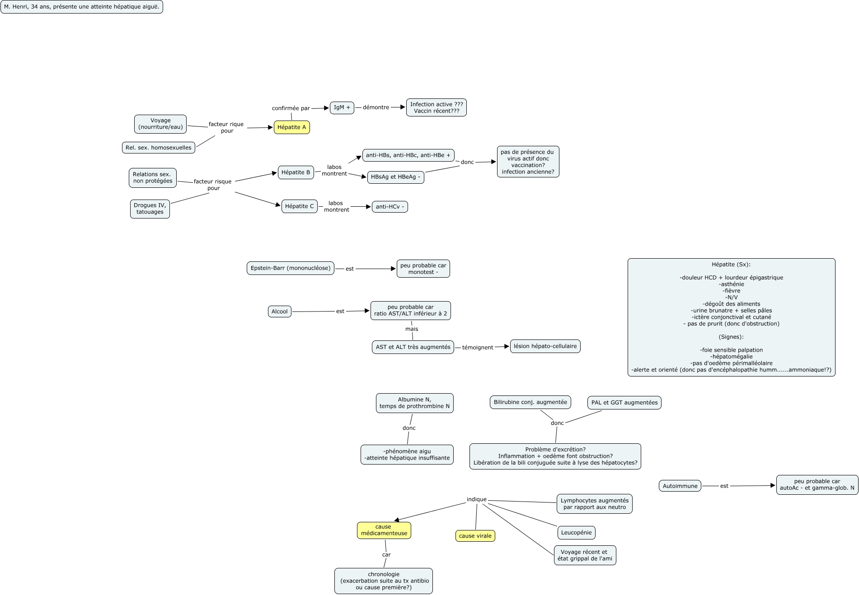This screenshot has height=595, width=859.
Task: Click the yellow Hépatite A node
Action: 291,127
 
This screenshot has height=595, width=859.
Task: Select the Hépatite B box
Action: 296,172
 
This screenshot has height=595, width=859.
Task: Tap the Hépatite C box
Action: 299,206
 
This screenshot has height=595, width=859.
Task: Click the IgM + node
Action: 342,107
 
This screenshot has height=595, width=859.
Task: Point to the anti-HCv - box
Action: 390,207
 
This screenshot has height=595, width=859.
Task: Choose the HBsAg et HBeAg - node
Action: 395,177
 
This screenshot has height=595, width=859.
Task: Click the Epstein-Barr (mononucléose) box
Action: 290,268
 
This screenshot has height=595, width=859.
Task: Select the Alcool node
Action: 279,311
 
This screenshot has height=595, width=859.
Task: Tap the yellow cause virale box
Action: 475,536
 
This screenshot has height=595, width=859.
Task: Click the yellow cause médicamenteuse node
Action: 384,530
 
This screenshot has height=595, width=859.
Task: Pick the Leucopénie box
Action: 576,533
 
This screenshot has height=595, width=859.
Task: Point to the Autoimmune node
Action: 680,486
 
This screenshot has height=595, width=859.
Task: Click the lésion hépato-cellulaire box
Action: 545,346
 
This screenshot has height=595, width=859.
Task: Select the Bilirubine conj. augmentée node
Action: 530,402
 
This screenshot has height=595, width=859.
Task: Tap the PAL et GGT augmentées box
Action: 624,403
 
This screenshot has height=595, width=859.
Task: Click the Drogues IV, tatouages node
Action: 150,209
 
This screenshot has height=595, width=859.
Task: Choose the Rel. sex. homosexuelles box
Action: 158,148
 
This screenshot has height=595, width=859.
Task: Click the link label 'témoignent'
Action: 477,348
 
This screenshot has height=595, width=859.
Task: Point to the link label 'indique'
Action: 476,499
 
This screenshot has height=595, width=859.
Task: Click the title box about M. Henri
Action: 81,7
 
